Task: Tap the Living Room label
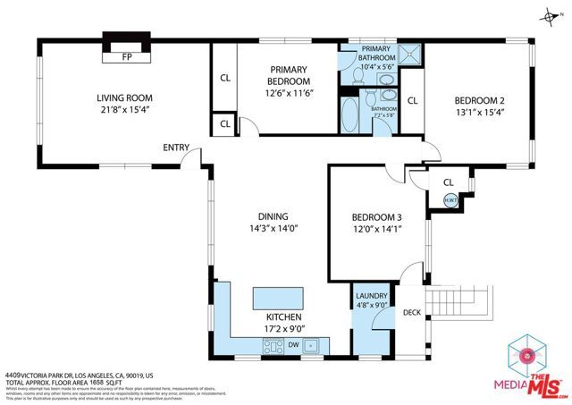pyautogui.click(x=125, y=98)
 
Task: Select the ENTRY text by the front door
pyautogui.click(x=175, y=148)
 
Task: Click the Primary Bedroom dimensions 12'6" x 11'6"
pyautogui.click(x=288, y=81)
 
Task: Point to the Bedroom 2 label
pyautogui.click(x=480, y=100)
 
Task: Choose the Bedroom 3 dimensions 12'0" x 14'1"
pyautogui.click(x=376, y=229)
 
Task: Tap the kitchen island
pyautogui.click(x=279, y=297)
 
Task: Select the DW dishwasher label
pyautogui.click(x=292, y=345)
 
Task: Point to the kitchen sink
pyautogui.click(x=312, y=345)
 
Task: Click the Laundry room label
pyautogui.click(x=371, y=296)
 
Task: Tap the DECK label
pyautogui.click(x=411, y=312)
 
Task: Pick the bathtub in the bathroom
pyautogui.click(x=349, y=116)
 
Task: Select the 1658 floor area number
pyautogui.click(x=96, y=383)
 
